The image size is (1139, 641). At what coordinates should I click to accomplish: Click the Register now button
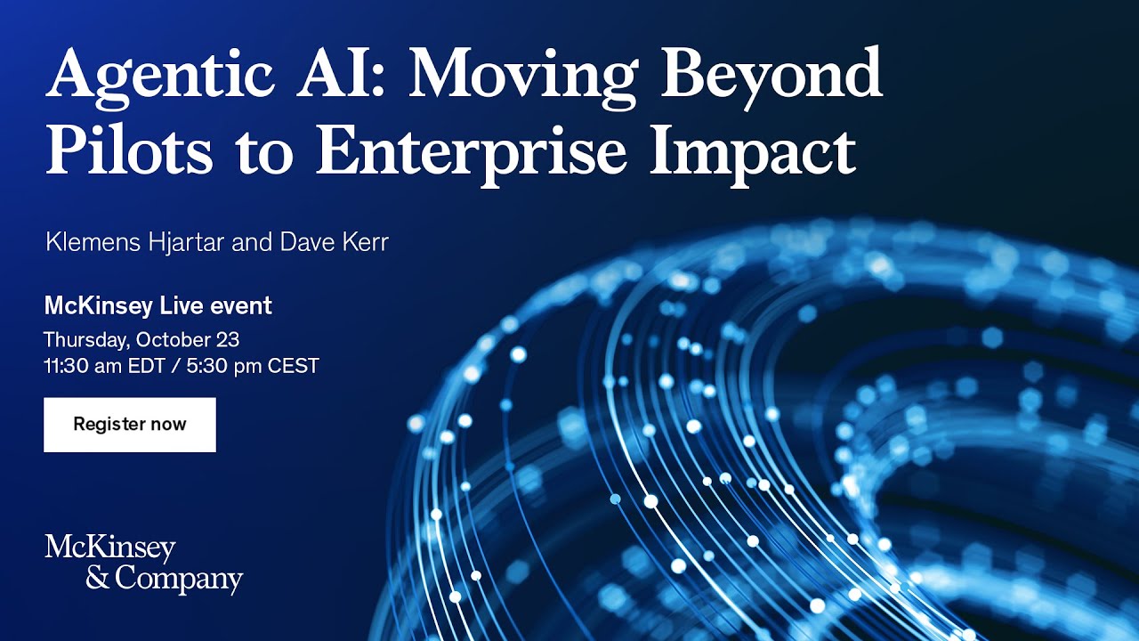(130, 425)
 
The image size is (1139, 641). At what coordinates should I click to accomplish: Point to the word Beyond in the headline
(771, 75)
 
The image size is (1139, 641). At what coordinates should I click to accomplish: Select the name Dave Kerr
(334, 242)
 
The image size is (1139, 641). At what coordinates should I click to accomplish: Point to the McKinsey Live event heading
(158, 306)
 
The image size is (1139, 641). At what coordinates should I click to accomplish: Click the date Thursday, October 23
(141, 339)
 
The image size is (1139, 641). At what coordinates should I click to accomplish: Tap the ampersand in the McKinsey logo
(98, 579)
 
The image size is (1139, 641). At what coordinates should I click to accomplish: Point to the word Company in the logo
(179, 580)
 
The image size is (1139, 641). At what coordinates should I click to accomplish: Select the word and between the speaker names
(251, 242)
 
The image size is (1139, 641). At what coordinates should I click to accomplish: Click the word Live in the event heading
(183, 306)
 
